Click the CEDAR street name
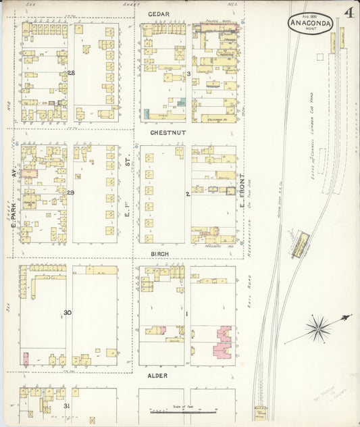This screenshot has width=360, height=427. click(x=159, y=14)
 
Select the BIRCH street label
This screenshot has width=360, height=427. click(x=159, y=255)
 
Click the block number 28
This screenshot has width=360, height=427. click(x=70, y=72)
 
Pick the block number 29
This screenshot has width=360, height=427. click(x=70, y=193)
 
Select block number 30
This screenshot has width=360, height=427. click(x=68, y=312)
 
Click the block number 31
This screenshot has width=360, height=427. click(x=66, y=405)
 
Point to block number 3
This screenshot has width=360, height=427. click(x=189, y=73)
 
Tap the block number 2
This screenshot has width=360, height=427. click(x=188, y=194)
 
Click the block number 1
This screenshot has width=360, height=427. click(x=188, y=313)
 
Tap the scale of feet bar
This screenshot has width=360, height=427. click(x=184, y=411)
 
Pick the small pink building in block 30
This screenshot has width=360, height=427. click(x=26, y=358)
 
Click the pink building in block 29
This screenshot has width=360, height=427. click(x=29, y=174)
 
